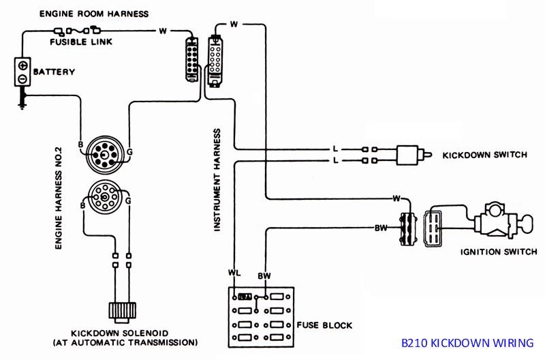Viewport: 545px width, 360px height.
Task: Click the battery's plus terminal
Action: click(x=22, y=65)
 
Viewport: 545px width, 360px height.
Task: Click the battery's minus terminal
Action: click(x=22, y=78)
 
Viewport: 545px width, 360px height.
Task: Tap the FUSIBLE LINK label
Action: click(x=81, y=42)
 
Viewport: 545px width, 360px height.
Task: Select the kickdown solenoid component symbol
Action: click(x=122, y=310)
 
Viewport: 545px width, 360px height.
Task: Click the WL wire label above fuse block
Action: click(x=234, y=272)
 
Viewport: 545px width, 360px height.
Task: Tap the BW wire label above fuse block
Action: click(x=264, y=276)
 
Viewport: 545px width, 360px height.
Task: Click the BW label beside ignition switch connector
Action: click(x=381, y=228)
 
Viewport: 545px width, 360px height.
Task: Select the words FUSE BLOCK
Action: click(x=324, y=325)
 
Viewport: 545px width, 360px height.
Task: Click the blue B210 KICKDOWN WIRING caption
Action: click(x=467, y=343)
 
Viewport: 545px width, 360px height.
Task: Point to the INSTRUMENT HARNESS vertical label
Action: click(x=217, y=180)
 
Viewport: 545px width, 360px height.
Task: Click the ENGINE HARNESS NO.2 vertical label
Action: click(x=59, y=198)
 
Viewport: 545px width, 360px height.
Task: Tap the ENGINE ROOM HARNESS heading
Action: click(x=94, y=14)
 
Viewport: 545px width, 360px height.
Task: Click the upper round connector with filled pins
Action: click(x=105, y=155)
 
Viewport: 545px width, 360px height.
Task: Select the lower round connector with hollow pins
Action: click(x=105, y=197)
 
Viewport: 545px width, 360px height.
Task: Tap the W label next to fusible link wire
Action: click(x=163, y=31)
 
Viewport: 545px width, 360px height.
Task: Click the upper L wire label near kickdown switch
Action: click(x=335, y=149)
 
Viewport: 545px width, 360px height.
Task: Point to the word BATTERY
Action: click(x=54, y=72)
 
